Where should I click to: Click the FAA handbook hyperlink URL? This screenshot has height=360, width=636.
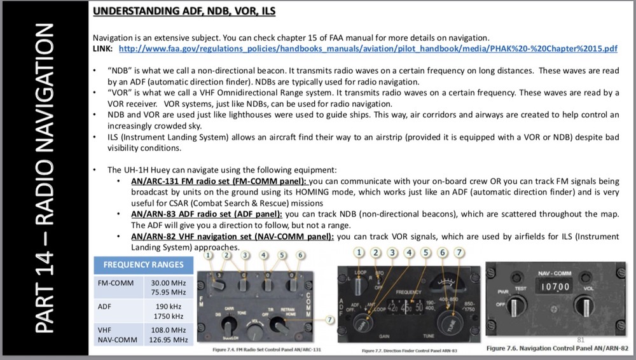(368, 49)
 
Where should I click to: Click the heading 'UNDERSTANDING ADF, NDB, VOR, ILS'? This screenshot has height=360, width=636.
(184, 11)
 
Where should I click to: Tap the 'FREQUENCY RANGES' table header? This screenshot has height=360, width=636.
(143, 265)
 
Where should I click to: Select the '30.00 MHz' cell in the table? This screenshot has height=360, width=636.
(168, 282)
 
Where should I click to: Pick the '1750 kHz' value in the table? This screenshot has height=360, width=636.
(168, 316)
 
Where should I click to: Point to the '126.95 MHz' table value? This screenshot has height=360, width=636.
(168, 340)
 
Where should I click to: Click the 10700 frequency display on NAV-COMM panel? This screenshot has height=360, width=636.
(555, 287)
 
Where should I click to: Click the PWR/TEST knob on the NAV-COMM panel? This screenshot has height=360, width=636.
(513, 308)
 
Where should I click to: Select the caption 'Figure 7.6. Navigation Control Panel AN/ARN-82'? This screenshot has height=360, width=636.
(557, 348)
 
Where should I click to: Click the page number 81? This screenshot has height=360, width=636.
(579, 340)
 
